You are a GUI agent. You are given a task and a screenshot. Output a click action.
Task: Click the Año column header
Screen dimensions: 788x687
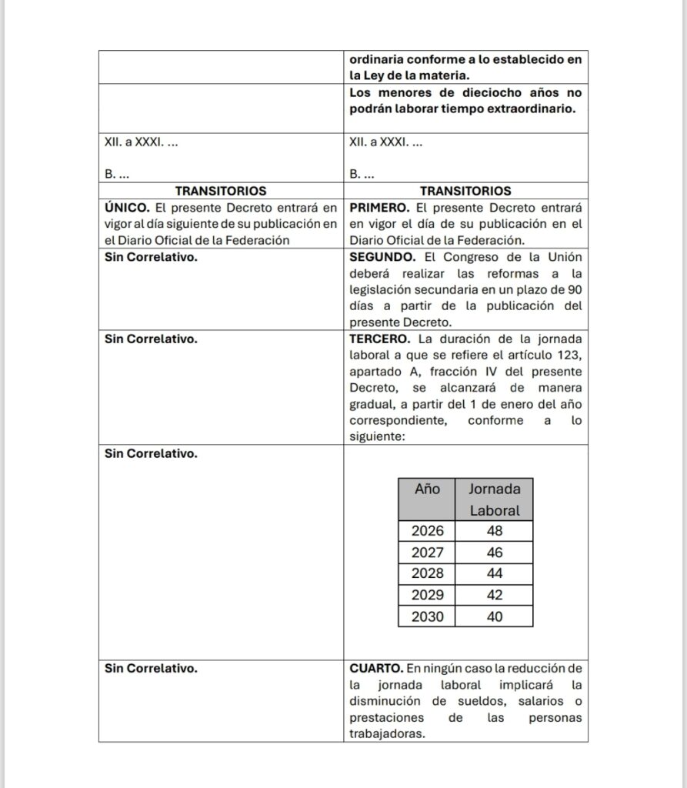point(427,489)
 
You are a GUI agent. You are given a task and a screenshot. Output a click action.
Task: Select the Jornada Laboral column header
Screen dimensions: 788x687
point(495,499)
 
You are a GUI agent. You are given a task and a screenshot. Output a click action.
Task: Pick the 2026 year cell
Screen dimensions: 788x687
point(427,530)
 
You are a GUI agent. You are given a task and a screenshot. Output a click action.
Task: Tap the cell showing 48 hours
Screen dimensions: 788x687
point(495,530)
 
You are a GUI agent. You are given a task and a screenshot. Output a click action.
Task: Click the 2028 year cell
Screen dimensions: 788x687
point(427,573)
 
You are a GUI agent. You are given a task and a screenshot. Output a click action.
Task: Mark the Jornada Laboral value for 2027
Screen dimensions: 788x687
point(495,552)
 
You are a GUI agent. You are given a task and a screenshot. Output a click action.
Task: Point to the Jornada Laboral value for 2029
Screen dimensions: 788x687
point(495,595)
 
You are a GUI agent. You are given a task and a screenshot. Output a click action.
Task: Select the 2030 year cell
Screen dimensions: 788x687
point(427,616)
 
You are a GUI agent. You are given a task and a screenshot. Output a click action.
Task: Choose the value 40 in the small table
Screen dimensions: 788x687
point(495,616)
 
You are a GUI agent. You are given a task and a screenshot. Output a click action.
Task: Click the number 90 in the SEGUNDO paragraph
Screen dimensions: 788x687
point(572,290)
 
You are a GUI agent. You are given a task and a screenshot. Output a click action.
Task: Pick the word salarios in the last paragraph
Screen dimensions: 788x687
point(542,701)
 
